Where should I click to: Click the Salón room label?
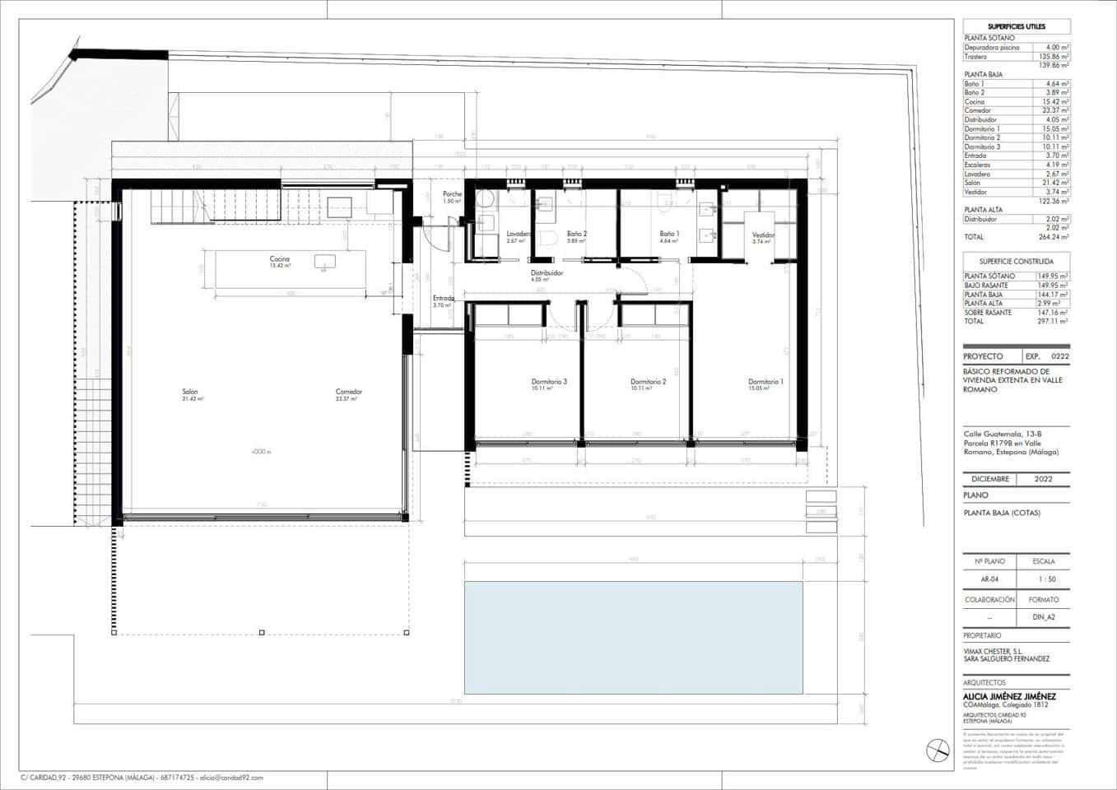click(190, 392)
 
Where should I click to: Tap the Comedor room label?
click(349, 392)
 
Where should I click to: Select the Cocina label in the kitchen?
click(280, 259)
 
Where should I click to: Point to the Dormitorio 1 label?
click(765, 382)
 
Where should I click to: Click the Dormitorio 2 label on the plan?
click(648, 382)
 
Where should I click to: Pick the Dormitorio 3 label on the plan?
click(548, 382)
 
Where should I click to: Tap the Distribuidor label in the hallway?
click(547, 273)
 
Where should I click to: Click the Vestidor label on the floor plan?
click(763, 235)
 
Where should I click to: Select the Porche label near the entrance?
click(452, 195)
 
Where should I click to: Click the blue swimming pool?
click(633, 638)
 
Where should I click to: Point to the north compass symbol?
click(937, 750)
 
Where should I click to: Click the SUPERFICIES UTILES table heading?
click(1016, 27)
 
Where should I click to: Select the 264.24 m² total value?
click(1052, 237)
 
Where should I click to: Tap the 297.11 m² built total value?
click(1052, 322)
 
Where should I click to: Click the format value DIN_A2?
click(1043, 617)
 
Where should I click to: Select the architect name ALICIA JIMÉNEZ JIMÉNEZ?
click(1009, 696)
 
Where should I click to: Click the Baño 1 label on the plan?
click(668, 235)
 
